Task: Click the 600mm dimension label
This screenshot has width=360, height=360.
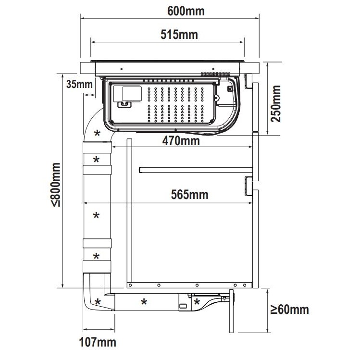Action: [186, 11]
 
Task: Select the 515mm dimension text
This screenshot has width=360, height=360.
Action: [179, 35]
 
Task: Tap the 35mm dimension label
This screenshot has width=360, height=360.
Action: [79, 84]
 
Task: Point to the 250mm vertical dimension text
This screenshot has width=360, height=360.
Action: [276, 103]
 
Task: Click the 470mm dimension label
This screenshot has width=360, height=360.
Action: [181, 141]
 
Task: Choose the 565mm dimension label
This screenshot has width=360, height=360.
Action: [190, 195]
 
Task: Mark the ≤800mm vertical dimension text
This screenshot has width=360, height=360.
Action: [56, 185]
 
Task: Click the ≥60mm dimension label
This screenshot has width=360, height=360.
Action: [289, 310]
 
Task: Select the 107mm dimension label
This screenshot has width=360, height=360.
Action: [98, 342]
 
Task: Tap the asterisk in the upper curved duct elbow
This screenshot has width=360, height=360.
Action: [98, 133]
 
